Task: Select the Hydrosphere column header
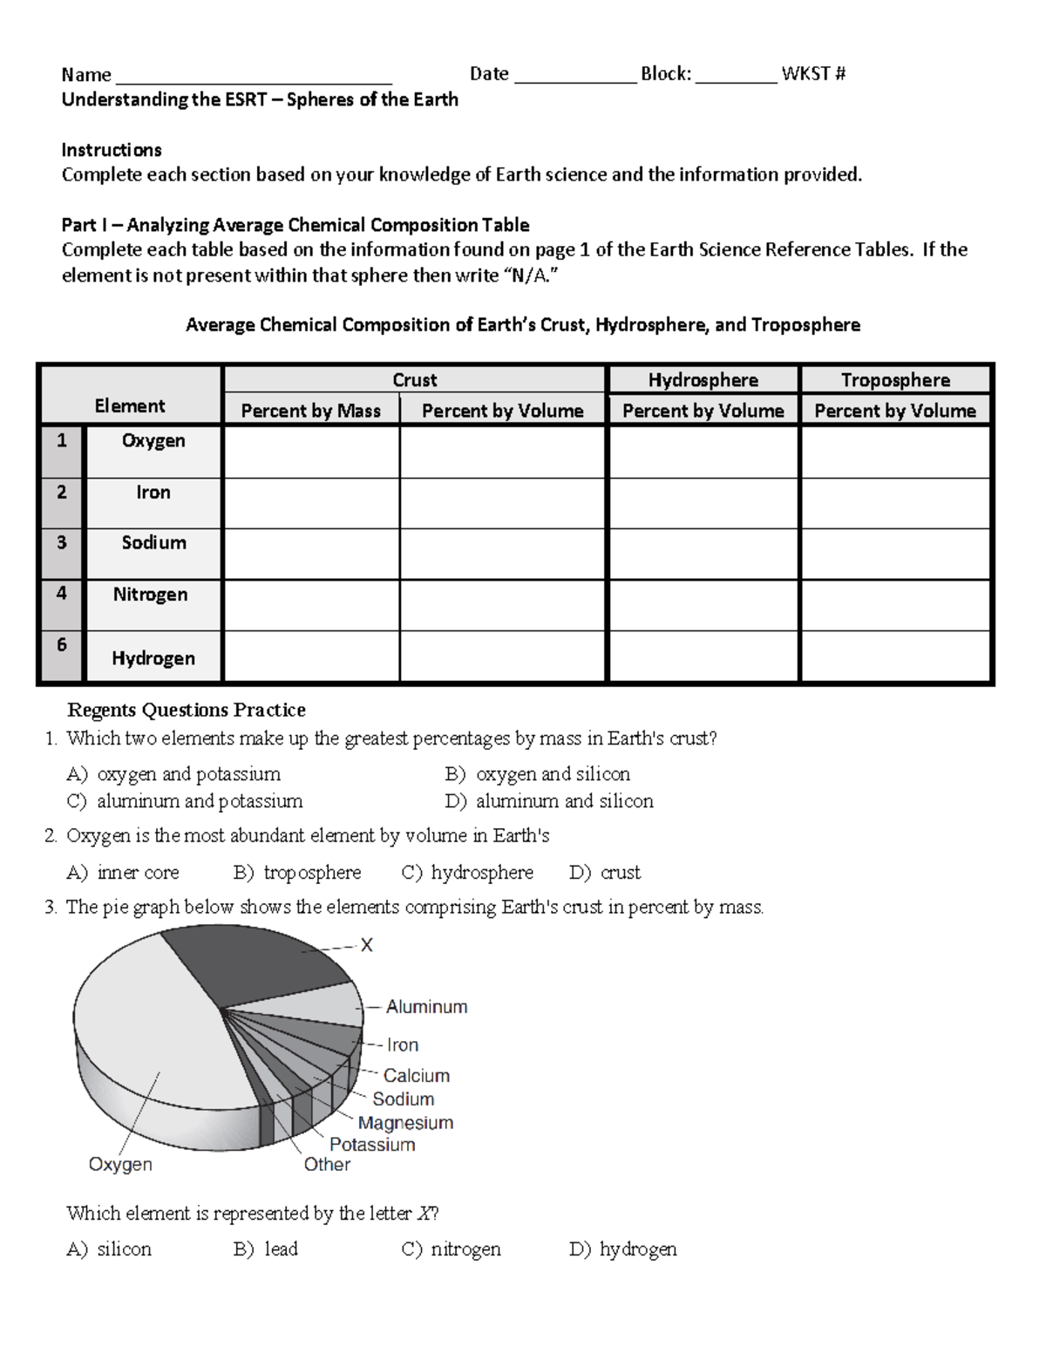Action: [703, 380]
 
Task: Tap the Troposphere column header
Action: [895, 380]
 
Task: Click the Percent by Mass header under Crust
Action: [310, 411]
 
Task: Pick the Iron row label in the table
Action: [153, 493]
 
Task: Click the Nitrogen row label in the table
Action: [150, 595]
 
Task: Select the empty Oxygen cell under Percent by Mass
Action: [311, 452]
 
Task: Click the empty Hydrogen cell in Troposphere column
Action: [895, 657]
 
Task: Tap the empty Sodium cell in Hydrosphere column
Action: [703, 554]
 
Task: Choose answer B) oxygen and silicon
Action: [537, 774]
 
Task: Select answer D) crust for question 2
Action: [605, 873]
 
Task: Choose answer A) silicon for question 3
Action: [109, 1249]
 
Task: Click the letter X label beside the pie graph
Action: [367, 946]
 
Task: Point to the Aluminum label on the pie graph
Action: [426, 1007]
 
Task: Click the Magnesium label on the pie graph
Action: [405, 1123]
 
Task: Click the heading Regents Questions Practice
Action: [187, 710]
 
